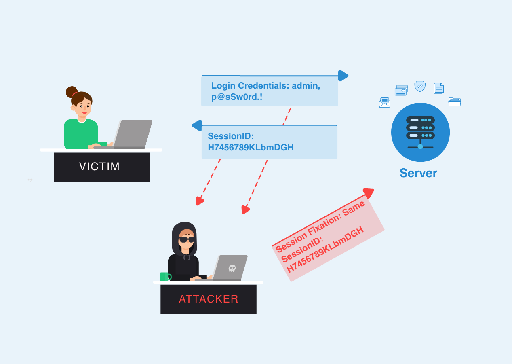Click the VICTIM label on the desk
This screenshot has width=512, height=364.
click(99, 167)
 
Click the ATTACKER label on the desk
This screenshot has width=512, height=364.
click(209, 299)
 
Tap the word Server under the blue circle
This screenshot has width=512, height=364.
click(418, 173)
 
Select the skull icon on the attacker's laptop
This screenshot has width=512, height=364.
click(232, 268)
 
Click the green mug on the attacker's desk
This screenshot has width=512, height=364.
click(165, 277)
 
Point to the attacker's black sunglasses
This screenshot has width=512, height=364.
click(186, 239)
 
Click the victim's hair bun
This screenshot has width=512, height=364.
click(72, 92)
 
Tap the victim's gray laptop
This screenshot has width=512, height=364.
click(133, 134)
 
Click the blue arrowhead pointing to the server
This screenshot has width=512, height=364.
click(343, 76)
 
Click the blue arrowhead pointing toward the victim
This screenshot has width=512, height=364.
click(197, 125)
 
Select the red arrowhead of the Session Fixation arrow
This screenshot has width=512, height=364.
click(369, 193)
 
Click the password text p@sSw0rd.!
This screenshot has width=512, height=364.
click(237, 97)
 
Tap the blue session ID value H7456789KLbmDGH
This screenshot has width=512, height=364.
click(251, 148)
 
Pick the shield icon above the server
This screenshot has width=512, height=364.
click(420, 86)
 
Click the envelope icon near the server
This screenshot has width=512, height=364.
click(385, 103)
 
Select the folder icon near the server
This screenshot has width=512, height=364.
click(455, 102)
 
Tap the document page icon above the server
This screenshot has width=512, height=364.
click(438, 88)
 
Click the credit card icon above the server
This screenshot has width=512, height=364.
click(401, 90)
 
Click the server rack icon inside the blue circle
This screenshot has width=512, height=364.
click(420, 132)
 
